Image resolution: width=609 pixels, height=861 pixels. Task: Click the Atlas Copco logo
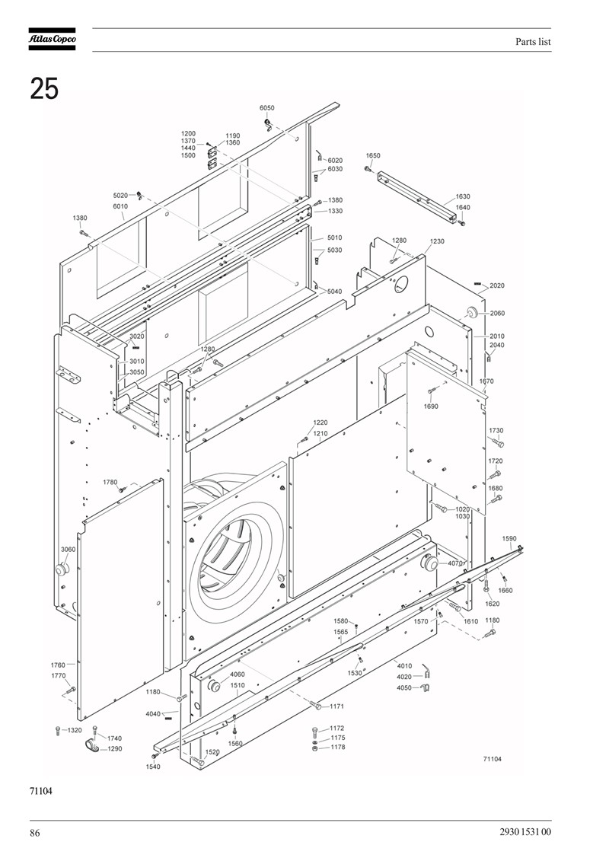(x=53, y=39)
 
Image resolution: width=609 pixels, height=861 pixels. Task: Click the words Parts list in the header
(x=533, y=42)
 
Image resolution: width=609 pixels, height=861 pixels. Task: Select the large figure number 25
(x=44, y=88)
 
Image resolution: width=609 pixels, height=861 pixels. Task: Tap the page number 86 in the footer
(x=34, y=833)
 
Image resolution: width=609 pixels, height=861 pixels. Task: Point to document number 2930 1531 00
(x=525, y=832)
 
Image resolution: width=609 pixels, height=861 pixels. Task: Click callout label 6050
(x=267, y=108)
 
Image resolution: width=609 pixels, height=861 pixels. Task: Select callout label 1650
(x=373, y=156)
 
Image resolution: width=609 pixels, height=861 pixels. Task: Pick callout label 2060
(x=497, y=314)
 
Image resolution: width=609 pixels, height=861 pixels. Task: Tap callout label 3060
(x=68, y=549)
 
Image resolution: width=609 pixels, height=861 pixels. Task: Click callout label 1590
(x=509, y=539)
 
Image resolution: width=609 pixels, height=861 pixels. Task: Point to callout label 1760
(x=58, y=665)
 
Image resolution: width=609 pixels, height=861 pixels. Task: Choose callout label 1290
(x=115, y=748)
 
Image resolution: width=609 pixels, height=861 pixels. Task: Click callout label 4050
(x=404, y=687)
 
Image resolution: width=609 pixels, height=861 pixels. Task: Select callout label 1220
(x=320, y=423)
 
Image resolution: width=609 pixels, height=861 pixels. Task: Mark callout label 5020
(x=120, y=196)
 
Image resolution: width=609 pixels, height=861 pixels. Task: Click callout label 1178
(x=338, y=747)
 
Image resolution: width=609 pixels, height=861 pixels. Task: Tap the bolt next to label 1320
(x=58, y=730)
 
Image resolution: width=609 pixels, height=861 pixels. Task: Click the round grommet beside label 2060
(x=472, y=312)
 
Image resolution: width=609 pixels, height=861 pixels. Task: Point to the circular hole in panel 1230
(x=402, y=283)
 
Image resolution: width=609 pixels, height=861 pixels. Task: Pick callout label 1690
(x=431, y=407)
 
